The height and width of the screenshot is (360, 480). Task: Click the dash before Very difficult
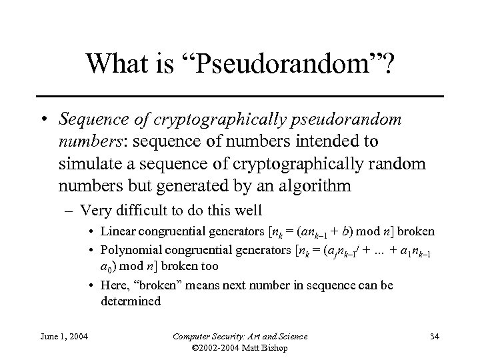(x=71, y=211)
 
